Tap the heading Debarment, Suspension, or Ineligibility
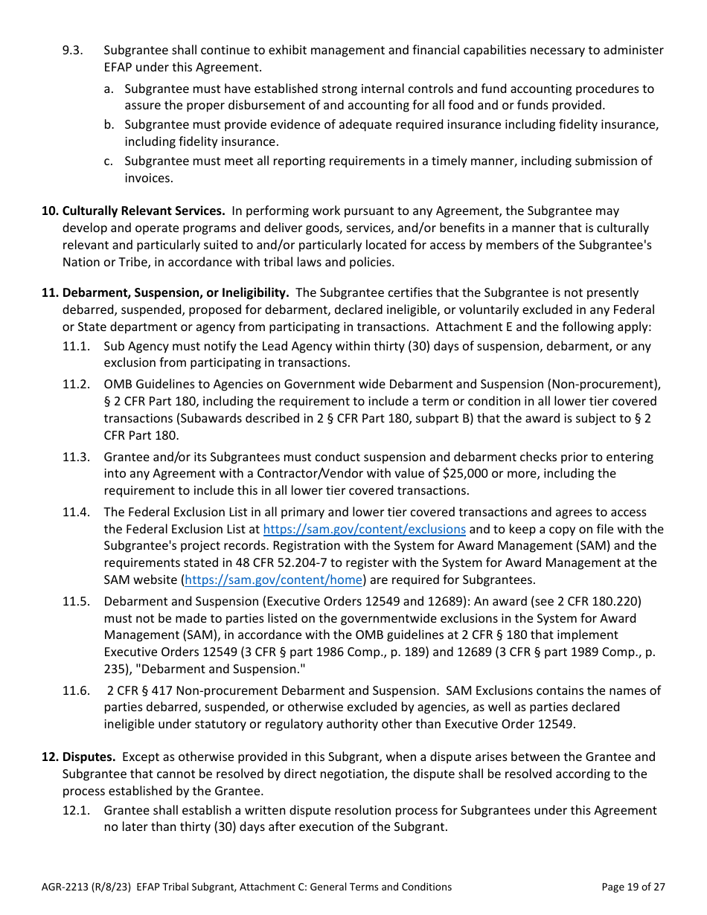(x=176, y=293)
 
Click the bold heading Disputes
(x=89, y=757)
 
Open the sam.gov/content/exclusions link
(x=365, y=530)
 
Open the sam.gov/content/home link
(x=273, y=580)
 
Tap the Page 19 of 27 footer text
(x=633, y=887)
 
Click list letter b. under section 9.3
(x=109, y=125)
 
